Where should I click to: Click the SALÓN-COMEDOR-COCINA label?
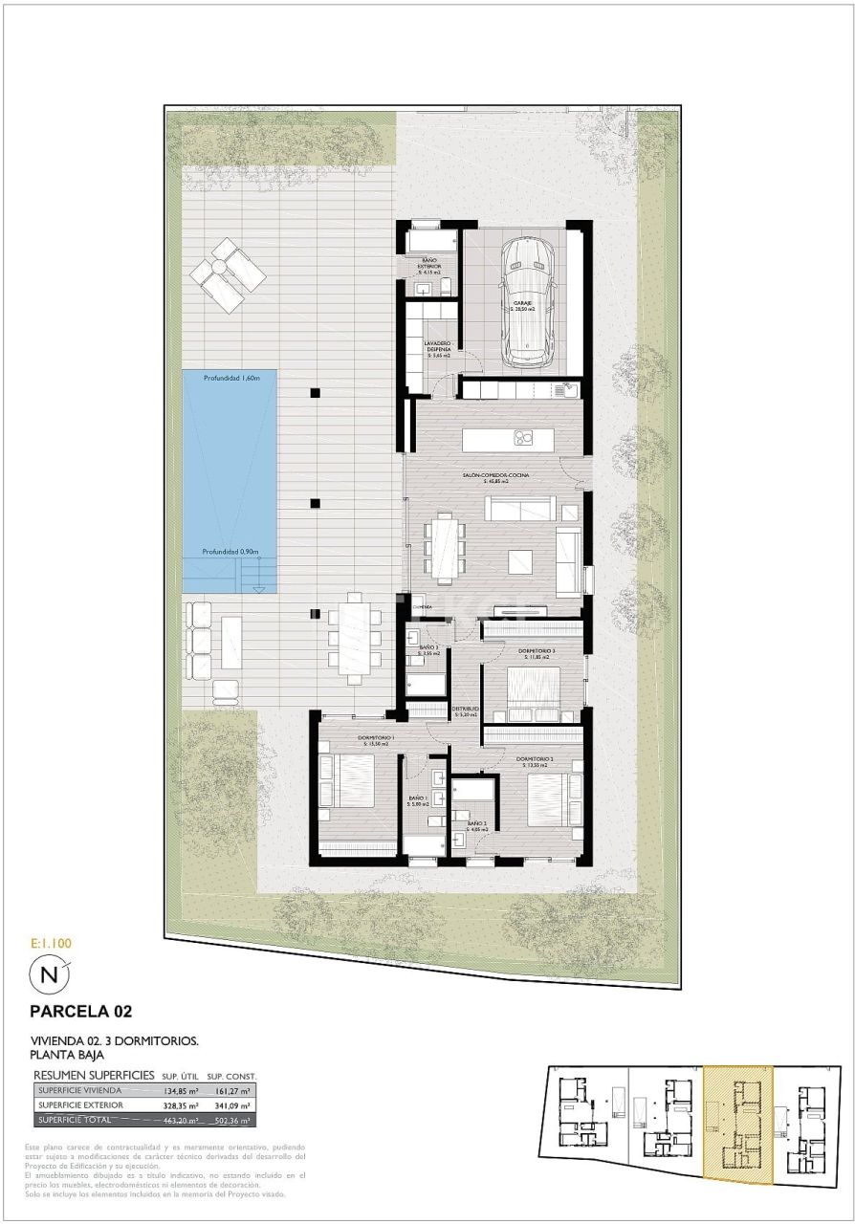point(492,475)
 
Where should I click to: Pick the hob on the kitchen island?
point(523,439)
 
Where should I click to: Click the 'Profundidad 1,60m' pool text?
point(230,379)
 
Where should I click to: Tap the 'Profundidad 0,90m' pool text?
point(230,552)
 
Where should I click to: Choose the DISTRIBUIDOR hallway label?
point(466,710)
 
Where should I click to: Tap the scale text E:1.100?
point(51,943)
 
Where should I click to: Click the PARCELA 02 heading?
point(80,1011)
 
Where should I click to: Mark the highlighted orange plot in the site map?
point(736,1124)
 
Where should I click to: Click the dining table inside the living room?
point(446,548)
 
